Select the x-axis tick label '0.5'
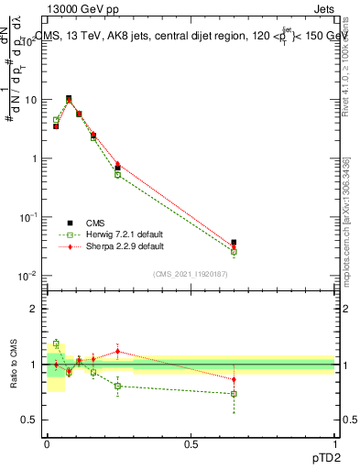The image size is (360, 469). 191,443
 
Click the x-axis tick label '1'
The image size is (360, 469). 335,443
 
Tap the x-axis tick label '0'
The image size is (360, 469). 47,443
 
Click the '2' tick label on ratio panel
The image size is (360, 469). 36,309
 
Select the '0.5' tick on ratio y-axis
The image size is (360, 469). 32,420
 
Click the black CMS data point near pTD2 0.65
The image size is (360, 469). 234,243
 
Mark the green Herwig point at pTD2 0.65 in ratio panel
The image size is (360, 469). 234,394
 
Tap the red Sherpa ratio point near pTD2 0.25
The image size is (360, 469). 117,351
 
